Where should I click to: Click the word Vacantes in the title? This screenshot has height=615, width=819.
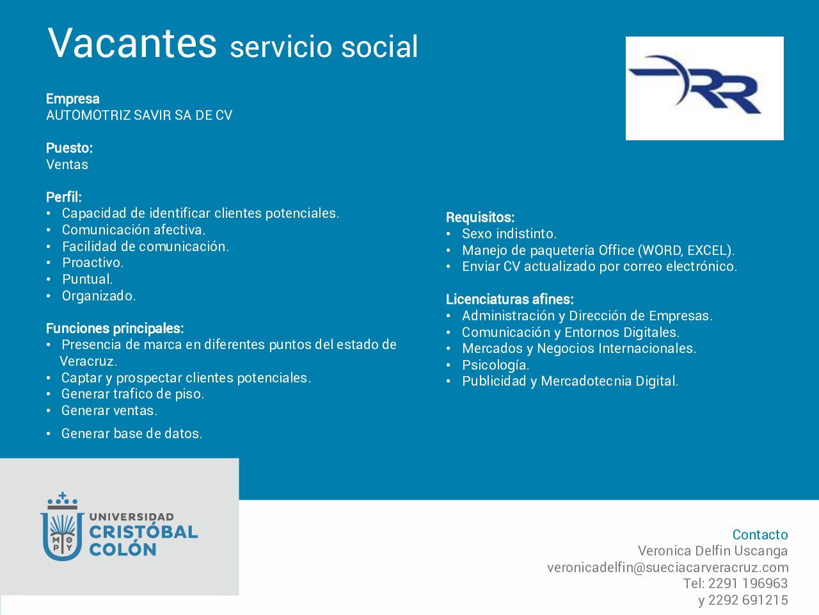(x=132, y=43)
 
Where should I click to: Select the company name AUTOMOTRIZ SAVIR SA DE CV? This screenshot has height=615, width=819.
(x=139, y=115)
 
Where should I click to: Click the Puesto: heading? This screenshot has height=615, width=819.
(x=69, y=148)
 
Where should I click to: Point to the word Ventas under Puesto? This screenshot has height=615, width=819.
(x=67, y=165)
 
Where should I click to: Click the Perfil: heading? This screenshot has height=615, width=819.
(x=64, y=197)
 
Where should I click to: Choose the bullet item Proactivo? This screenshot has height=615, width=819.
(x=93, y=263)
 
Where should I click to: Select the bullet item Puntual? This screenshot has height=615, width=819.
(x=87, y=279)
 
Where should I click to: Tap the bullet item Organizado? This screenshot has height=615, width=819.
(x=99, y=296)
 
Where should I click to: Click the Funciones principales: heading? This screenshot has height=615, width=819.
(x=115, y=328)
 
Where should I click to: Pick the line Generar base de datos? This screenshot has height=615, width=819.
(x=132, y=434)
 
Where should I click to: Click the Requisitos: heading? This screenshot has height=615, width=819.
(x=481, y=217)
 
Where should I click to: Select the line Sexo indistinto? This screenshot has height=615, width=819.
(x=509, y=234)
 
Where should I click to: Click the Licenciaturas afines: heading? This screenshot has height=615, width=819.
(x=510, y=299)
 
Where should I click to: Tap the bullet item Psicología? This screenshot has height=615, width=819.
(x=495, y=365)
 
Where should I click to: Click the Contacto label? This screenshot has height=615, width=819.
(x=760, y=535)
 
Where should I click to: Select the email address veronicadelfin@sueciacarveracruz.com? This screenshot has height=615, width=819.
(x=668, y=568)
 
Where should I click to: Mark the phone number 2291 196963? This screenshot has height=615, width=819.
(x=748, y=583)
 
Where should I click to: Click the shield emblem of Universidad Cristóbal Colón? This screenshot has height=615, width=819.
(x=62, y=527)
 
